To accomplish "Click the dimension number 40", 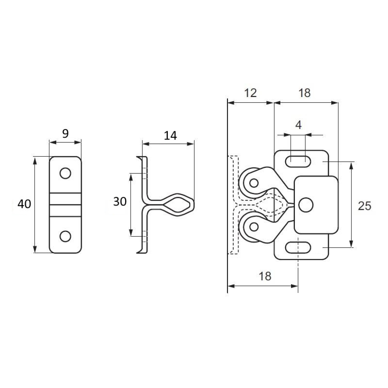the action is pyautogui.click(x=24, y=204).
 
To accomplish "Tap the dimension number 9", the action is pyautogui.click(x=65, y=134).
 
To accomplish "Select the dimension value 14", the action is pyautogui.click(x=170, y=135).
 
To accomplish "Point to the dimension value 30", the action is pyautogui.click(x=120, y=201).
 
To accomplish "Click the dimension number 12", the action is pyautogui.click(x=251, y=93).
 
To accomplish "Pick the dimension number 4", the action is pyautogui.click(x=298, y=125).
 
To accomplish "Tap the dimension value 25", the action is pyautogui.click(x=364, y=206).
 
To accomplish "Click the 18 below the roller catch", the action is pyautogui.click(x=265, y=276).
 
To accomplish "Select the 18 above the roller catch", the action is pyautogui.click(x=305, y=93).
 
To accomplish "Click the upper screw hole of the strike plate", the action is pyautogui.click(x=65, y=173).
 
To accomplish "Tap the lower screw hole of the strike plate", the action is pyautogui.click(x=65, y=236).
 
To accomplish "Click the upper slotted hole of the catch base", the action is pyautogui.click(x=298, y=161).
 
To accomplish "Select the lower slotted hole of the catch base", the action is pyautogui.click(x=298, y=247).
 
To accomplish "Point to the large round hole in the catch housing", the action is pyautogui.click(x=306, y=205).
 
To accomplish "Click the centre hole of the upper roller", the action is pyautogui.click(x=254, y=183).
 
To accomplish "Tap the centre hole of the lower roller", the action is pyautogui.click(x=254, y=227).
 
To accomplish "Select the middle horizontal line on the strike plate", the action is pyautogui.click(x=65, y=205).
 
